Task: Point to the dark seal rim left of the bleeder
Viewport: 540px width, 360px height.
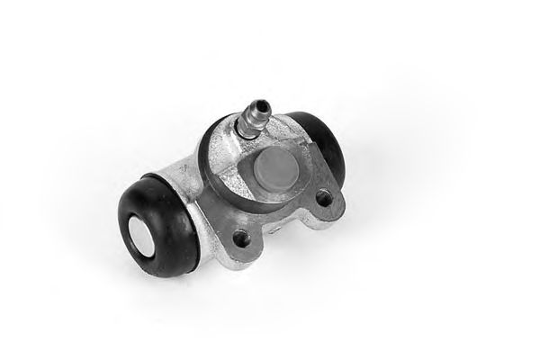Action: [209, 148]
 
